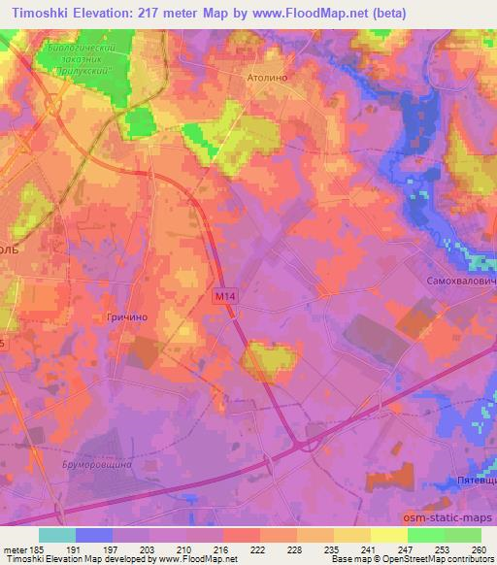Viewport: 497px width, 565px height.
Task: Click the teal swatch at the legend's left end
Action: click(x=57, y=535)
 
